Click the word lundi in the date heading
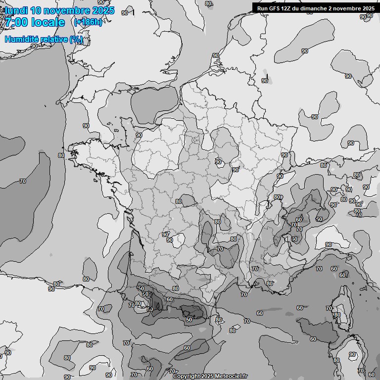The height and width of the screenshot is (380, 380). point(17,10)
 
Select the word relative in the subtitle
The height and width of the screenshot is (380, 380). point(55,39)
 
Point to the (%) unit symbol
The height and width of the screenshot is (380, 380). point(76,39)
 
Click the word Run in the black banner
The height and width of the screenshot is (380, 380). point(262,8)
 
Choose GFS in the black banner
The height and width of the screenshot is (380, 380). point(275,8)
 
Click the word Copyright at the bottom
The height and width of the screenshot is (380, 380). point(186,376)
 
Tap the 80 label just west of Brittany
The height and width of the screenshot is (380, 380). point(61,155)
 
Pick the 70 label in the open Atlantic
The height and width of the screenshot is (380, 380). point(23,181)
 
